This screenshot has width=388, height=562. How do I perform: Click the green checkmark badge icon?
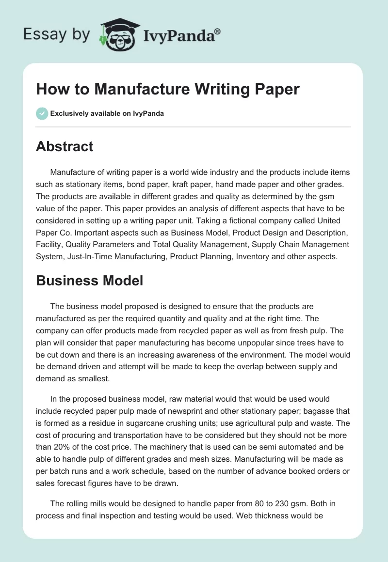(x=42, y=113)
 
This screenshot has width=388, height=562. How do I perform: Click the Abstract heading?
(x=65, y=146)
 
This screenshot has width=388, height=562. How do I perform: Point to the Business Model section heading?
(x=89, y=280)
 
